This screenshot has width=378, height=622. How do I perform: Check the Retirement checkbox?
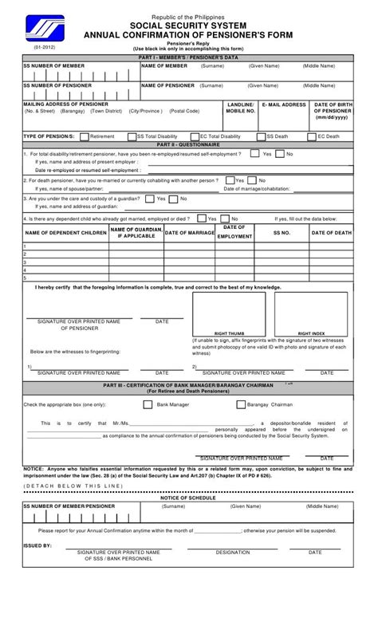(x=84, y=136)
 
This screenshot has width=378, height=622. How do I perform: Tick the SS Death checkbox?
(x=261, y=136)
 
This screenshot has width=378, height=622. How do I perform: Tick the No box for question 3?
(x=174, y=199)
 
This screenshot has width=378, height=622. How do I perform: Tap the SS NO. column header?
(x=282, y=233)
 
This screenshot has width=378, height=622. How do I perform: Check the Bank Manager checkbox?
(x=148, y=404)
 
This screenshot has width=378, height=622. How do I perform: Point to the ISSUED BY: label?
(x=37, y=546)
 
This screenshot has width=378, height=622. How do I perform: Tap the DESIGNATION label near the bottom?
(x=232, y=552)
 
